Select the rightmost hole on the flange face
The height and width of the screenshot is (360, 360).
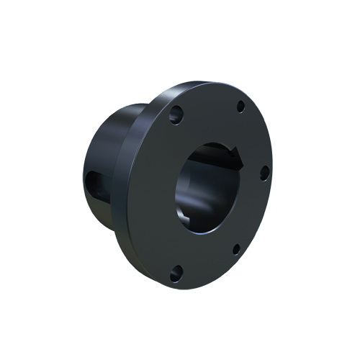[x=264, y=171]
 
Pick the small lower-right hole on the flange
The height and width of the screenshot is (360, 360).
[x=235, y=248]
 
